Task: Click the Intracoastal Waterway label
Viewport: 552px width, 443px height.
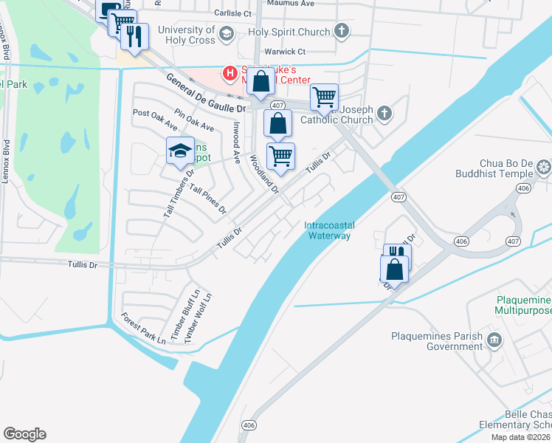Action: pos(328,230)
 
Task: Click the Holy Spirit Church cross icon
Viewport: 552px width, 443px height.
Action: pos(341,32)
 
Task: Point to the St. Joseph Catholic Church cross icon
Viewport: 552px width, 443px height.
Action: pos(383,113)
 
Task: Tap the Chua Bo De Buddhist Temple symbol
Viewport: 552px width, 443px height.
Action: pos(544,167)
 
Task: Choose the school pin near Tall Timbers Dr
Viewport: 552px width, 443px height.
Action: pos(179,151)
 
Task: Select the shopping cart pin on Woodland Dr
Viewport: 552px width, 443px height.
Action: pos(280,156)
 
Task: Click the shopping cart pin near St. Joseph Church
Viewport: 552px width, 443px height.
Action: pos(324,96)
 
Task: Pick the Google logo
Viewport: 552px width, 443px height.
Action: pos(24,434)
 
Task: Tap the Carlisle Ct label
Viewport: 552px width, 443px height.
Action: pos(233,13)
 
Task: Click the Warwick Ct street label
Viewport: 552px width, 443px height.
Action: pos(286,52)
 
